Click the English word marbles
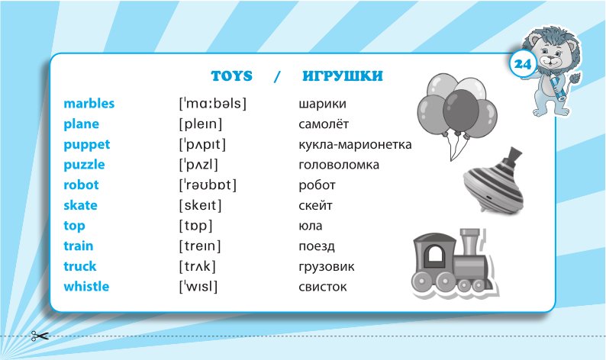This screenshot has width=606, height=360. click(89, 104)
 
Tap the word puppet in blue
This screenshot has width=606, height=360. click(86, 145)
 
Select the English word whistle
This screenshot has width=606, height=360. click(86, 286)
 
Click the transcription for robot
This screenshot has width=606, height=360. click(208, 185)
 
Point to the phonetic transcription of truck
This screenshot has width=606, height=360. click(198, 266)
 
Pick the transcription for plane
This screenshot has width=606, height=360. click(201, 124)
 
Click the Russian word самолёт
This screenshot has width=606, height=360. click(324, 124)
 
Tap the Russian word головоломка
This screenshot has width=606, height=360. click(339, 165)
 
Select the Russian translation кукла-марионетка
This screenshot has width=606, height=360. click(355, 145)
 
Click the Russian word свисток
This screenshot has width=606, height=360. click(322, 287)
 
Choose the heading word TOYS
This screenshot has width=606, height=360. click(231, 76)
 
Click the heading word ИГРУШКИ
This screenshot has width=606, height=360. click(343, 76)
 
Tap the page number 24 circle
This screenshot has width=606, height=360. click(523, 64)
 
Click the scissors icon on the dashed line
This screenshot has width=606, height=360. click(40, 336)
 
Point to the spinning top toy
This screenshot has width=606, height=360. click(494, 179)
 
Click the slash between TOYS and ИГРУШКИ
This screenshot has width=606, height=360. click(277, 76)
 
